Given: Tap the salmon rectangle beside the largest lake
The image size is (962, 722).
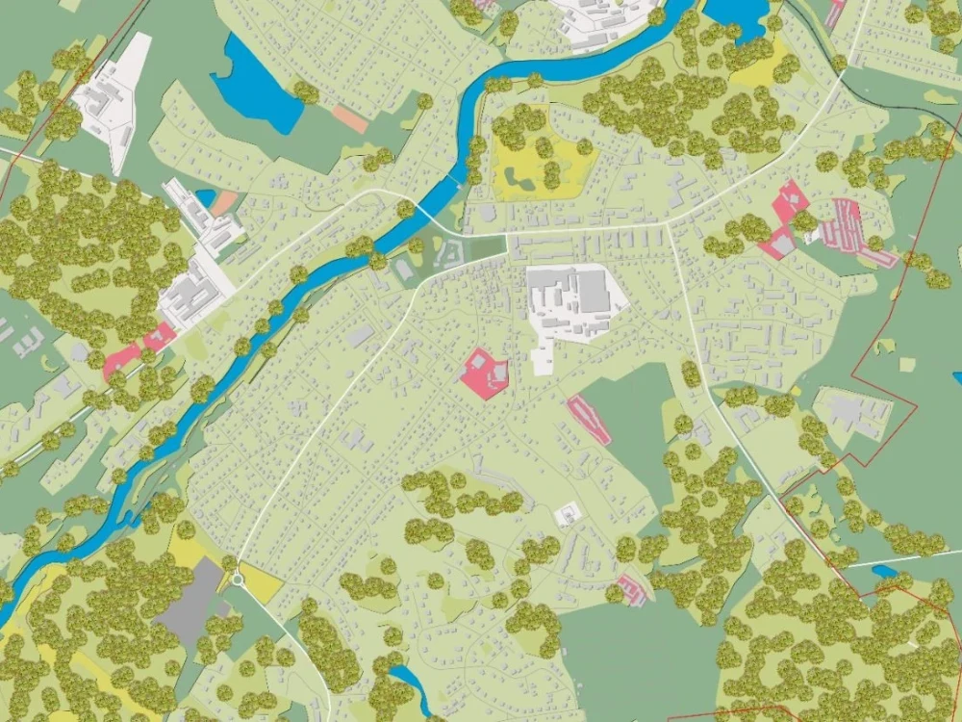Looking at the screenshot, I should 350,117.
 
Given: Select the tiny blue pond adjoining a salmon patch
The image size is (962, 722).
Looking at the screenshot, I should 205,197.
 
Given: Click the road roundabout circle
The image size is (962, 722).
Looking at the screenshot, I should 237,579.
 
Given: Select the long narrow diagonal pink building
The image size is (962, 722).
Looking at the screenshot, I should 589,420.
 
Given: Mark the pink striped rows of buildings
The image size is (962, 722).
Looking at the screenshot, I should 845,226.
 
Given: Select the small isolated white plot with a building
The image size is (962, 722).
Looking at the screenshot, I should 568,515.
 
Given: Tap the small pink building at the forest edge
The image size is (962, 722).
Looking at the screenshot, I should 631,588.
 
